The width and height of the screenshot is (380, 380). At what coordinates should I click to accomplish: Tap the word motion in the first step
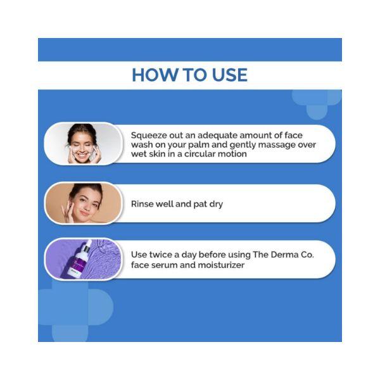pos(231,154)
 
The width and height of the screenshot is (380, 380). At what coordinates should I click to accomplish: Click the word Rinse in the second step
pos(143,205)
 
